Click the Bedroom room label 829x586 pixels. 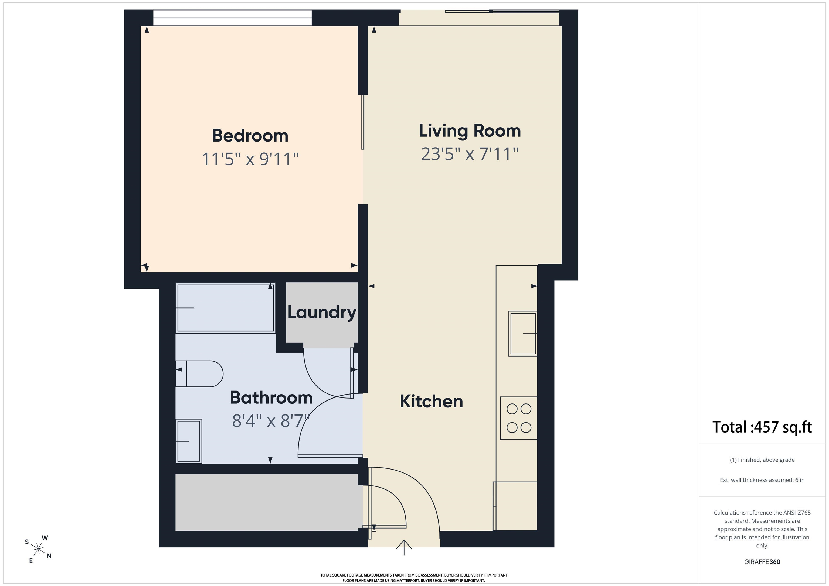(250, 136)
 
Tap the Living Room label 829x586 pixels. (470, 131)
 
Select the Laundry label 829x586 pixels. (322, 313)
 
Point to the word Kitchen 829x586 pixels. (432, 401)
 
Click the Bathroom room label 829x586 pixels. (271, 398)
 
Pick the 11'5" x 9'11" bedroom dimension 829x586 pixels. (250, 159)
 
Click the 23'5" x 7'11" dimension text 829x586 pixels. (470, 154)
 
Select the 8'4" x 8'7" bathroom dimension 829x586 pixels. (271, 421)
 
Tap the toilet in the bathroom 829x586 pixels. (199, 374)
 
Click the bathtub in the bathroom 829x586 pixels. (226, 308)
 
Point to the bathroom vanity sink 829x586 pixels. (189, 441)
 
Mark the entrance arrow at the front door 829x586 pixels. (404, 547)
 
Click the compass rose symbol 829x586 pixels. (38, 549)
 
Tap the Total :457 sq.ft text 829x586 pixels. (762, 427)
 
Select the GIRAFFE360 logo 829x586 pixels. (762, 562)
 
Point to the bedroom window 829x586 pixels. (233, 18)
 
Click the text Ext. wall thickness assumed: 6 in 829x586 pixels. (762, 480)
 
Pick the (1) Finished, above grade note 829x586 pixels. (762, 460)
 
